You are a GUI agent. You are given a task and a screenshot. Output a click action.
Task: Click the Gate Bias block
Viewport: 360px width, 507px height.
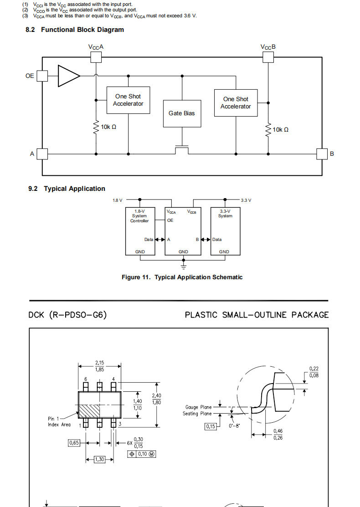pyautogui.click(x=182, y=113)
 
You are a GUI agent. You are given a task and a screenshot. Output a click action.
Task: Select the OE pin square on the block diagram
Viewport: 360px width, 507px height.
pyautogui.click(x=42, y=76)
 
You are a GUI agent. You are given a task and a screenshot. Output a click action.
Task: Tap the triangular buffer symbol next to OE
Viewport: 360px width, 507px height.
pyautogui.click(x=69, y=76)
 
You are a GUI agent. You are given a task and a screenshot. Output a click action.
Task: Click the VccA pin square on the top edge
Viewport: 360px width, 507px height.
pyautogui.click(x=96, y=57)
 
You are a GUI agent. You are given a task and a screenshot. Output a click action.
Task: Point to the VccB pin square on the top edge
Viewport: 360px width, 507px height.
pyautogui.click(x=268, y=57)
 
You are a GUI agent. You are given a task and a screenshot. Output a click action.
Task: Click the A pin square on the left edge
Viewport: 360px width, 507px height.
pyautogui.click(x=42, y=154)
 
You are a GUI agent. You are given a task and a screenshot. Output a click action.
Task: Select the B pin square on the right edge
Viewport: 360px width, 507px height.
pyautogui.click(x=322, y=154)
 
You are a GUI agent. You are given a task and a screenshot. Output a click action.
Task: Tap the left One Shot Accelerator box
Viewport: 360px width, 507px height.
pyautogui.click(x=129, y=100)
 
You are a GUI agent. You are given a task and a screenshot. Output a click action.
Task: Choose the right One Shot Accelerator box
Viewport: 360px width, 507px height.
pyautogui.click(x=236, y=103)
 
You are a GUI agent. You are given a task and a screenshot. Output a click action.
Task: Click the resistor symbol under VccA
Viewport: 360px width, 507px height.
pyautogui.click(x=96, y=128)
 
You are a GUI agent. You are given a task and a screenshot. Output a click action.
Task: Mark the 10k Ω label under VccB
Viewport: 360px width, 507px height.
pyautogui.click(x=280, y=130)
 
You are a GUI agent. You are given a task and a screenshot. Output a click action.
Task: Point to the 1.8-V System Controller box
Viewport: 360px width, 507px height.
pyautogui.click(x=140, y=231)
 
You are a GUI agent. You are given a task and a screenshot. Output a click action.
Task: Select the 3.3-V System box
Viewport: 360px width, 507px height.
pyautogui.click(x=226, y=231)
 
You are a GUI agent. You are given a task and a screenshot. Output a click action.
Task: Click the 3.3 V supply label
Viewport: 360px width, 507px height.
pyautogui.click(x=246, y=200)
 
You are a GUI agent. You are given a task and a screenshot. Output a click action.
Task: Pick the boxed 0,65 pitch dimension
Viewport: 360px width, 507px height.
pyautogui.click(x=74, y=443)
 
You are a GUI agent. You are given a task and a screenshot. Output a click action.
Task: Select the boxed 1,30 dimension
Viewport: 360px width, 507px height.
pyautogui.click(x=100, y=459)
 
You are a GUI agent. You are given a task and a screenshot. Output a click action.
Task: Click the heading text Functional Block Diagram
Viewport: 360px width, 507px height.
pyautogui.click(x=82, y=30)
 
